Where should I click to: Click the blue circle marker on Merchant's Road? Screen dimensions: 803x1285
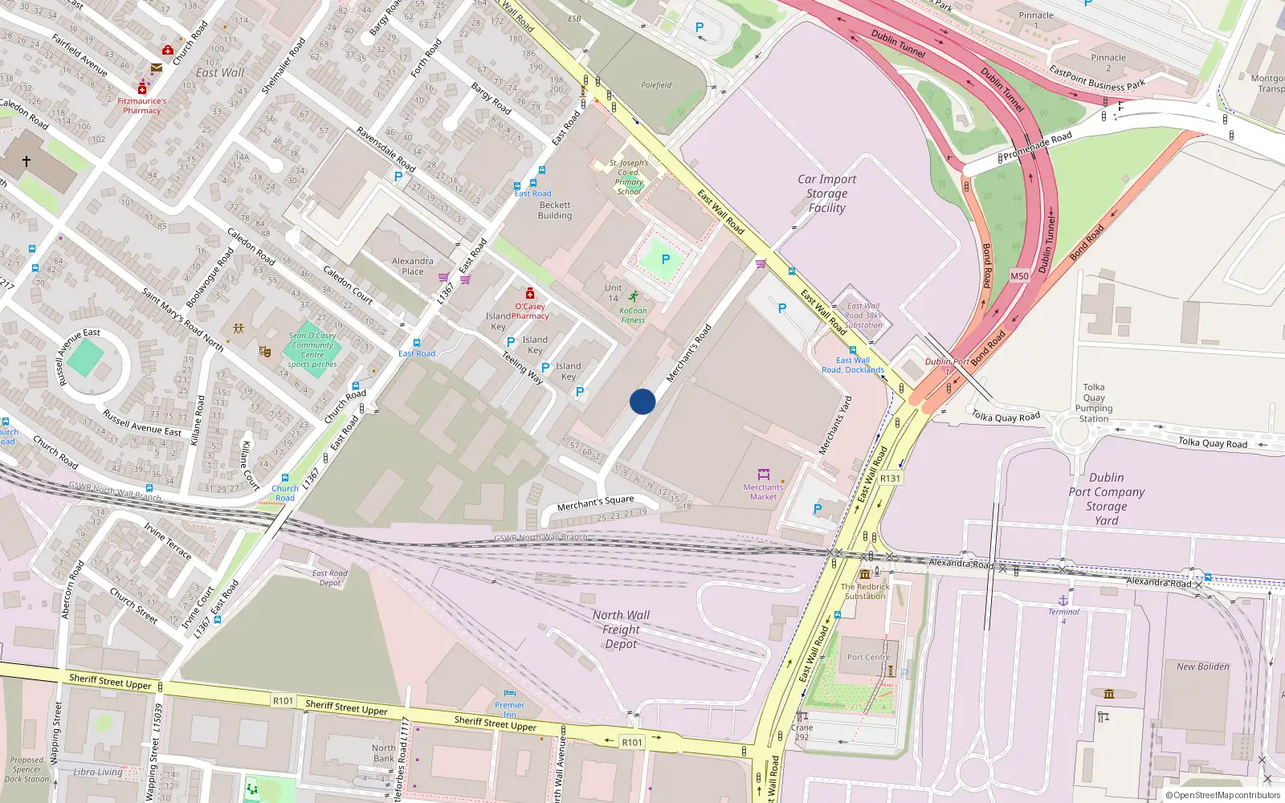642,401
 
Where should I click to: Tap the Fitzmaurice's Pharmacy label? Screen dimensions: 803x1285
142,106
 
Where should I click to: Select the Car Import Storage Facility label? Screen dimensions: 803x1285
827,194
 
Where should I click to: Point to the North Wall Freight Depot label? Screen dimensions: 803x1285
622,630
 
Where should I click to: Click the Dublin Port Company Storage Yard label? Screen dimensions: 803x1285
1106,499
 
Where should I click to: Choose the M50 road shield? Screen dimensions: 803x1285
1019,275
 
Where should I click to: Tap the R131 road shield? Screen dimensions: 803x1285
890,478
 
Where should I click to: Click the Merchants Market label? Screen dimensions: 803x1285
763,491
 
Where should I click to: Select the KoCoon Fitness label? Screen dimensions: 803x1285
633,315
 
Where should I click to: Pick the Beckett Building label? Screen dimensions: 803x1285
555,210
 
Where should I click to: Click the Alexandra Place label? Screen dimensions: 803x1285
413,266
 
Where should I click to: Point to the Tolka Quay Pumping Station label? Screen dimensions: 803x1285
1094,402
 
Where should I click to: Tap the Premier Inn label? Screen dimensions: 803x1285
509,709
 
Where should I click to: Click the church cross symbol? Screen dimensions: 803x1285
27,161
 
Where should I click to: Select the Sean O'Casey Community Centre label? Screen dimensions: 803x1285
312,349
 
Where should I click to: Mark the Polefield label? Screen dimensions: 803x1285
656,85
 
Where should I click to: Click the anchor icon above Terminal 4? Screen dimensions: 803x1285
1063,600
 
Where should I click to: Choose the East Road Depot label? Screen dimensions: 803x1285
330,577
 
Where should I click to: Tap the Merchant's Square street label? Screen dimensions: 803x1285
595,503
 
